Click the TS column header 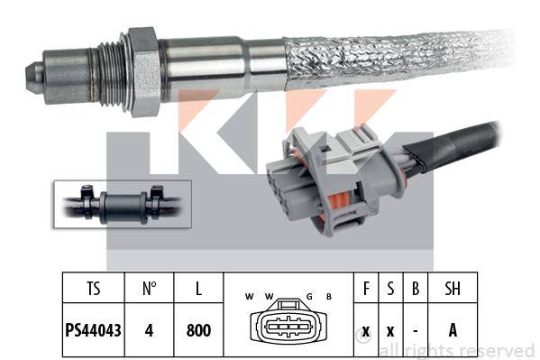pos(94,289)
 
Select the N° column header pos(150,289)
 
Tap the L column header pos(198,289)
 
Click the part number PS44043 pos(94,330)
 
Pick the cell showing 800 pos(198,330)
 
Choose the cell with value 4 pos(149,330)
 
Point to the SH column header pos(453,289)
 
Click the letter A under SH pos(453,330)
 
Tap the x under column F pos(366,332)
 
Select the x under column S pos(390,332)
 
